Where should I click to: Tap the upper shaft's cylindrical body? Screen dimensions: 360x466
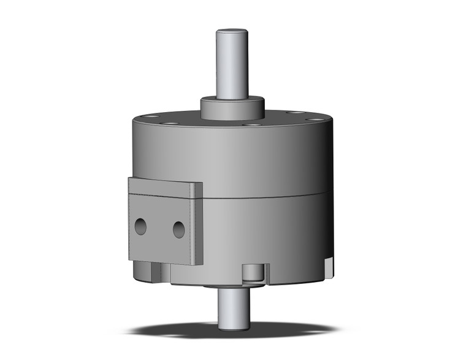click(233, 64)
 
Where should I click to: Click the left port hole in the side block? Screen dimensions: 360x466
click(141, 226)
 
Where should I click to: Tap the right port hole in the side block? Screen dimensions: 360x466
click(178, 229)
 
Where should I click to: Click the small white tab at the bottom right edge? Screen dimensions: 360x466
click(330, 265)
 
